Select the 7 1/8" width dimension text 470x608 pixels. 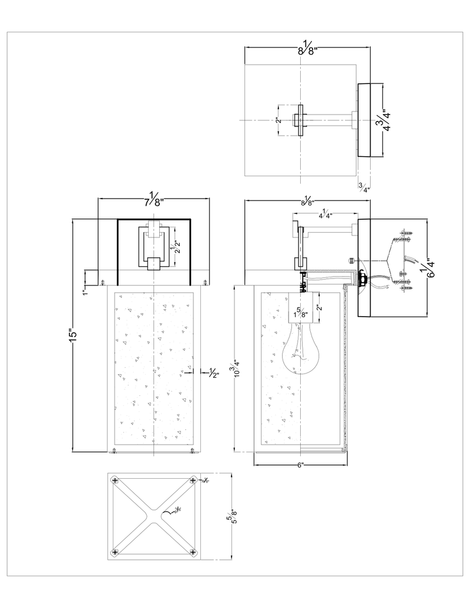tap(154, 199)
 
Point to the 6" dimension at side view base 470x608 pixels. tap(300, 465)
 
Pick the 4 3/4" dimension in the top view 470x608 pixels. tap(384, 120)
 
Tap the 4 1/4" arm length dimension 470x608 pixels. tap(324, 214)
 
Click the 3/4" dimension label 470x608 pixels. tap(364, 188)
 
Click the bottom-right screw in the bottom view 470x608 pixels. tap(193, 553)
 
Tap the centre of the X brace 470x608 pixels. tap(154, 517)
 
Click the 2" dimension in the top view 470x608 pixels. tap(278, 121)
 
